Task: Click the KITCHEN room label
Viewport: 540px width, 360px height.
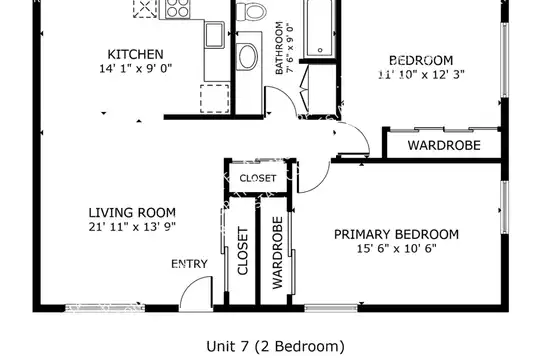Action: (135, 54)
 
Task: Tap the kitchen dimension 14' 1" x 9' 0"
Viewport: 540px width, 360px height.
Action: (135, 69)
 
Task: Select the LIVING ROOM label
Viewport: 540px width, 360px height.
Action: (132, 213)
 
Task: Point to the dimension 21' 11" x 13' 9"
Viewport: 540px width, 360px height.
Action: (132, 227)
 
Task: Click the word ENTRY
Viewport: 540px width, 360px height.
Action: (189, 264)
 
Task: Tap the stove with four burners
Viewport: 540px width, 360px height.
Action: (177, 8)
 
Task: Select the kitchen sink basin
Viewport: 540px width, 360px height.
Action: (214, 34)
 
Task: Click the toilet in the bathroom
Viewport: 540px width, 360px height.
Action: (251, 11)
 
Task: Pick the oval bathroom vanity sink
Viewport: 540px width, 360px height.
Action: (248, 56)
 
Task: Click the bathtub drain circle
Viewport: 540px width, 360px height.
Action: (320, 50)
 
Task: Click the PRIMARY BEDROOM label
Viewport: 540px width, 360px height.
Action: (396, 234)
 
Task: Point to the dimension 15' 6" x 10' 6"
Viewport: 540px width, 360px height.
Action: (396, 248)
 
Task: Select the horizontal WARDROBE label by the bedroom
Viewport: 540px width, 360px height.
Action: (444, 145)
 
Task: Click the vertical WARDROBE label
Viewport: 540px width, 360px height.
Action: (277, 253)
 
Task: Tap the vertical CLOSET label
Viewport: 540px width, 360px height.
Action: (243, 251)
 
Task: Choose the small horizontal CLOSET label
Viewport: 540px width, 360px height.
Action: (258, 178)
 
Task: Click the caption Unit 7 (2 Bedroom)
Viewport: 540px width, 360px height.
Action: (275, 346)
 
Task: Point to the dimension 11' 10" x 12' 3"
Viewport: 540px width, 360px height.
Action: (421, 74)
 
